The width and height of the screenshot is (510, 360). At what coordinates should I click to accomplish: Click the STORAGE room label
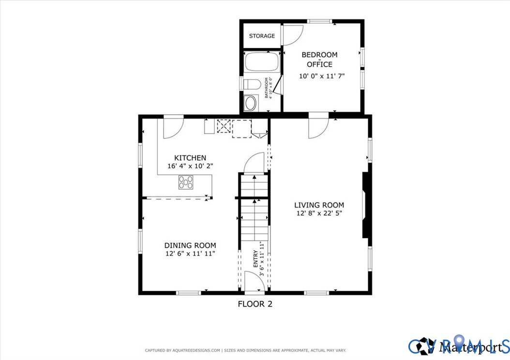[x=262, y=36]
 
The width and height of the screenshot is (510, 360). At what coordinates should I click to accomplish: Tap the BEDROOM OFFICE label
[x=319, y=60]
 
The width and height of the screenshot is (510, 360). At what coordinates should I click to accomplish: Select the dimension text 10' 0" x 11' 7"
[x=322, y=76]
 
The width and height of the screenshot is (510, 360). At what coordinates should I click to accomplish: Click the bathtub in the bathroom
[x=262, y=62]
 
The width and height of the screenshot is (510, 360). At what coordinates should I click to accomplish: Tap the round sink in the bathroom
[x=251, y=103]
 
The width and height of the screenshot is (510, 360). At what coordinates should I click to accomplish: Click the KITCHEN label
[x=190, y=158]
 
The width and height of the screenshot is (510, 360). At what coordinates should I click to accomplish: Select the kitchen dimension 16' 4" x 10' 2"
[x=190, y=165]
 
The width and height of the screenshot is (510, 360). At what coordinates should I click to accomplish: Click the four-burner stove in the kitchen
[x=186, y=182]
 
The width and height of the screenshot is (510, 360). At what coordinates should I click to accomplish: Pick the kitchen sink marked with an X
[x=224, y=126]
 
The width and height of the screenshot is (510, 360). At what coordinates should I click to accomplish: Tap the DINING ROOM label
[x=190, y=245]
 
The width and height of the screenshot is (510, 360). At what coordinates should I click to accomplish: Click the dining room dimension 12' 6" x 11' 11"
[x=190, y=253]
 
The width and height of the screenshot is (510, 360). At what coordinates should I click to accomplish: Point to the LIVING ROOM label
[x=319, y=205]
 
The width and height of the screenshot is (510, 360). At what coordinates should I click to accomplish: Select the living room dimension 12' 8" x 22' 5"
[x=319, y=213]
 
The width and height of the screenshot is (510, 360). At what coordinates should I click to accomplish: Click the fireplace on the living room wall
[x=366, y=205]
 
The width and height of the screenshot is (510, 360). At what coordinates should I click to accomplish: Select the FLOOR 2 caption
[x=258, y=304]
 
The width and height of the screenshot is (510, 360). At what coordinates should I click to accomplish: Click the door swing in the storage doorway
[x=292, y=33]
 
